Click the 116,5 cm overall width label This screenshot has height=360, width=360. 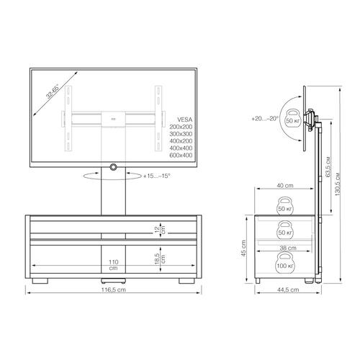[114, 289]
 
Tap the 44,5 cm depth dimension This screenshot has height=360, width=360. [288, 289]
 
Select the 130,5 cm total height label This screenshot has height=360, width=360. [338, 184]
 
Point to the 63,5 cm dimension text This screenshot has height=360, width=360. [328, 167]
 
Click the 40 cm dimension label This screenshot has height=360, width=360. [285, 186]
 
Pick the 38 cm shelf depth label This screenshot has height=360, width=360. [288, 248]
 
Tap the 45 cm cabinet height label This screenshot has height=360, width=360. [244, 248]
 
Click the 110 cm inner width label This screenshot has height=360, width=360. [114, 265]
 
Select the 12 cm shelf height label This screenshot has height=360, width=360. [160, 230]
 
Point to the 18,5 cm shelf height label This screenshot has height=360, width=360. [160, 258]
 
